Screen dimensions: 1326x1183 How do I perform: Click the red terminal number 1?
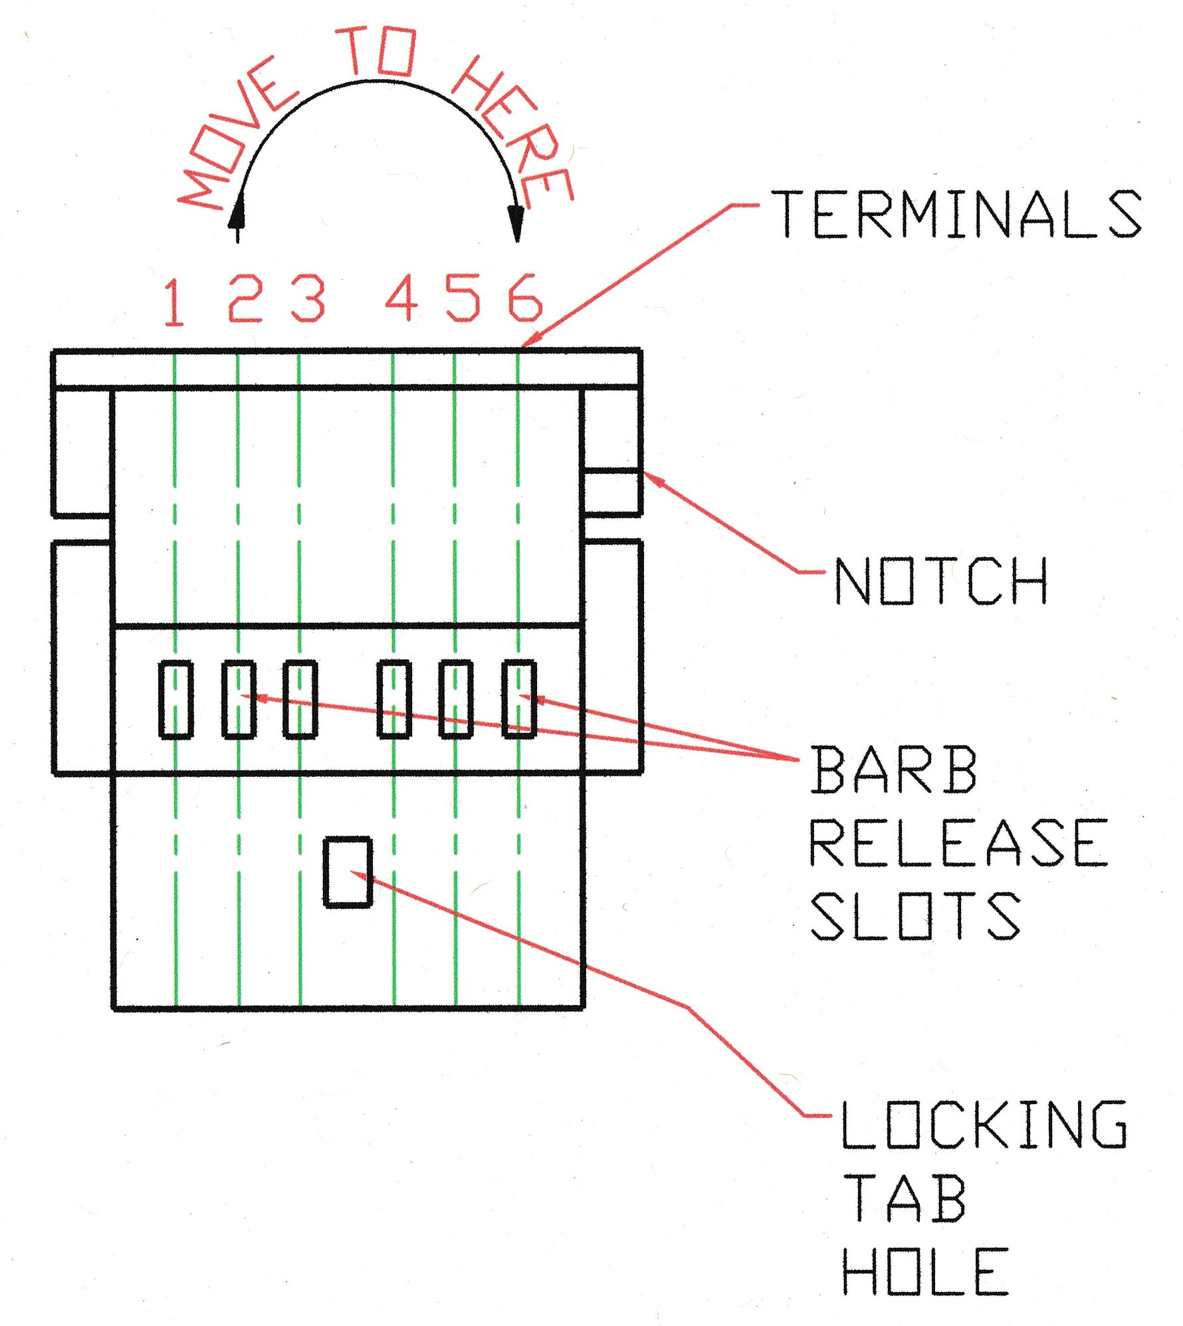(174, 302)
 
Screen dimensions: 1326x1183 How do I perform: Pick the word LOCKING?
(984, 1125)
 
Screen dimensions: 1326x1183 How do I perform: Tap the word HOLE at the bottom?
(926, 1271)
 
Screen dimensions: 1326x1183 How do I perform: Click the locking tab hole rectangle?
(348, 872)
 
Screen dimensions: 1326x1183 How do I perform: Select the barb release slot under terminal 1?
(176, 699)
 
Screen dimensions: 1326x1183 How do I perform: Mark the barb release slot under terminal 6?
(519, 699)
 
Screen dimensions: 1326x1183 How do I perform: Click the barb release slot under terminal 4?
(394, 699)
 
